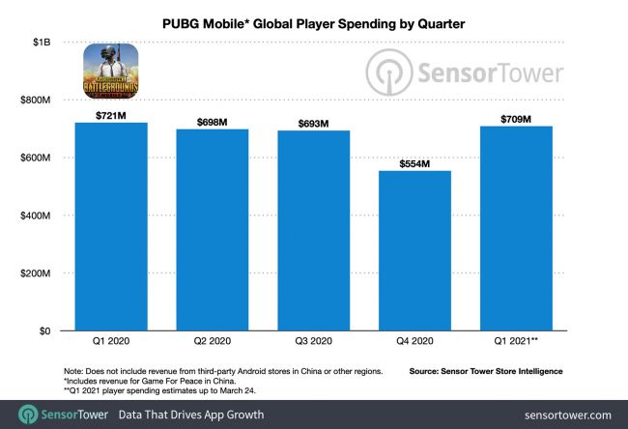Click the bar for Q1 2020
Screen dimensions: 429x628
coord(110,227)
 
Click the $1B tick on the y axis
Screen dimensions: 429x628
coord(40,43)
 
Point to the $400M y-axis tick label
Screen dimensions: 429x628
coord(35,215)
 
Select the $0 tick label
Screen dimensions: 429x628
coord(43,331)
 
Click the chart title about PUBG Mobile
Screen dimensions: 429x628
coord(315,17)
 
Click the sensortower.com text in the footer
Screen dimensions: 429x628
coord(569,414)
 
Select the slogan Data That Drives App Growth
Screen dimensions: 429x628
coord(192,414)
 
